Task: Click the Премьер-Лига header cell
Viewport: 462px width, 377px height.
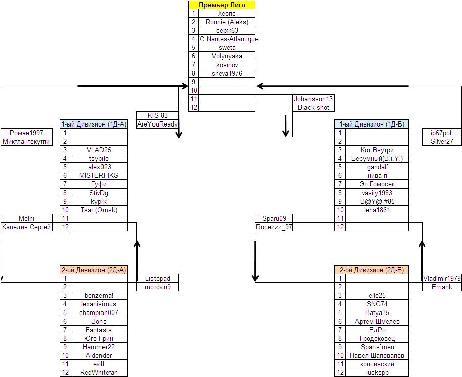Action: (222, 5)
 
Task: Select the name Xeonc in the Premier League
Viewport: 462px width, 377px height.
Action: (227, 14)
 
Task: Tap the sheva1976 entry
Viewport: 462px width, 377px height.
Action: (227, 73)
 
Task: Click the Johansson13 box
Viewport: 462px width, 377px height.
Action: (313, 99)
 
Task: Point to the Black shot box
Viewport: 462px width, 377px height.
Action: (313, 107)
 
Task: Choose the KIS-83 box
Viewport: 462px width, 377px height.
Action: (158, 115)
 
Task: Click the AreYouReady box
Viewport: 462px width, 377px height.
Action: (158, 124)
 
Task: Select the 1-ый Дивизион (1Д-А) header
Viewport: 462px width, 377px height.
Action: (93, 124)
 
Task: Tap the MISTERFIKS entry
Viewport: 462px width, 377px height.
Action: (98, 175)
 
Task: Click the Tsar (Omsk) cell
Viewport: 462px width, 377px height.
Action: (98, 210)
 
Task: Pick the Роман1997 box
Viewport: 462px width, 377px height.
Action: (26, 133)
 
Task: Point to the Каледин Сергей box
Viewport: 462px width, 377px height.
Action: (26, 227)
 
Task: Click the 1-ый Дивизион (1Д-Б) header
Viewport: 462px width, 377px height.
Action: (371, 124)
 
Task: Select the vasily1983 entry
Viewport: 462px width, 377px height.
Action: (377, 193)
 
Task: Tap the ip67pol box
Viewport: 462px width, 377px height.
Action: (441, 133)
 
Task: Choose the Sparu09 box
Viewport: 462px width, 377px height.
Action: (274, 218)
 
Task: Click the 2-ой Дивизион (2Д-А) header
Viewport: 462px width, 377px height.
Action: (93, 270)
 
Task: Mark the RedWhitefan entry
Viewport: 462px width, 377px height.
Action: (98, 372)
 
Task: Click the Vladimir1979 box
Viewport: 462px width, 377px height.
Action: (442, 278)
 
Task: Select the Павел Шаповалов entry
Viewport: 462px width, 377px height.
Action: (377, 355)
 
